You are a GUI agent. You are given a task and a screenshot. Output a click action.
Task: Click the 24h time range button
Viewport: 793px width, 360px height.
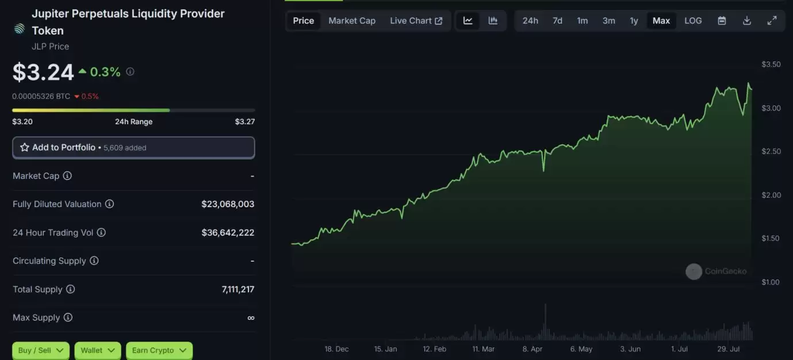click(530, 21)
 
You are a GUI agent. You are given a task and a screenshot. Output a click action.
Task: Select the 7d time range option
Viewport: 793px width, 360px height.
click(557, 21)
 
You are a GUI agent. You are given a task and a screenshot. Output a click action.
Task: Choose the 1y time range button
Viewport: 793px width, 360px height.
click(634, 21)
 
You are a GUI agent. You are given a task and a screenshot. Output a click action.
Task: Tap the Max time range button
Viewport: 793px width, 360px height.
click(661, 21)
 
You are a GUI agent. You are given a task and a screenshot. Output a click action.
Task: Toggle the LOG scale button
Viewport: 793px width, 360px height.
click(693, 21)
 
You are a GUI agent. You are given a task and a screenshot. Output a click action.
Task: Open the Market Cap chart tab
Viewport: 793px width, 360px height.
click(352, 21)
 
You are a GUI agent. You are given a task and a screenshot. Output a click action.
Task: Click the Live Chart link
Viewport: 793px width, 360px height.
click(416, 21)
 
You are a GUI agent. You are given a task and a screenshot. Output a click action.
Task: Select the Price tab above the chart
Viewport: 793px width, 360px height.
click(304, 21)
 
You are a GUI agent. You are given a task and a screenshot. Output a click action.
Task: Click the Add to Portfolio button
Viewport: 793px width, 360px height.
click(133, 148)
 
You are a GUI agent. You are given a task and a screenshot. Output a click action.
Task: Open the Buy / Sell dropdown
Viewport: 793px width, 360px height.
click(40, 350)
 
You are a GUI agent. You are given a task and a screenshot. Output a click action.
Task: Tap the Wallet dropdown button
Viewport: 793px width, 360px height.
click(97, 350)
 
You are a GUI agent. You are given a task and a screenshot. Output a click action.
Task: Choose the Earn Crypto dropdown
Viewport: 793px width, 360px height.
click(159, 350)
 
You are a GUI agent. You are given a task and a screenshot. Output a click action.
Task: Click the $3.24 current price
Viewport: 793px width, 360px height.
click(43, 72)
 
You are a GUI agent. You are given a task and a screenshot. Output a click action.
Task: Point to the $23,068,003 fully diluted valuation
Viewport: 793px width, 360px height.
click(228, 204)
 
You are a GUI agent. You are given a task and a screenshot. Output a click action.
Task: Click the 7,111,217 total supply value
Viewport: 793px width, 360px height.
click(237, 289)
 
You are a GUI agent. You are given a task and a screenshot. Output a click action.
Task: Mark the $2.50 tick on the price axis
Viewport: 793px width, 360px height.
click(771, 152)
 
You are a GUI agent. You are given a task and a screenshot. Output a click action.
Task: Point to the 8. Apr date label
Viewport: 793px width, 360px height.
click(533, 349)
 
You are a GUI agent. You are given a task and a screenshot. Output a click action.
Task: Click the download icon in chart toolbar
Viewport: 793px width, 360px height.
click(747, 21)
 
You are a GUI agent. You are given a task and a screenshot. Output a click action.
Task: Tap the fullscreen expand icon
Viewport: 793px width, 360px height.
click(772, 21)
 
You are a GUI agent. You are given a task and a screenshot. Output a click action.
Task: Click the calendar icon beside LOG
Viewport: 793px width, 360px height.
click(722, 21)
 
